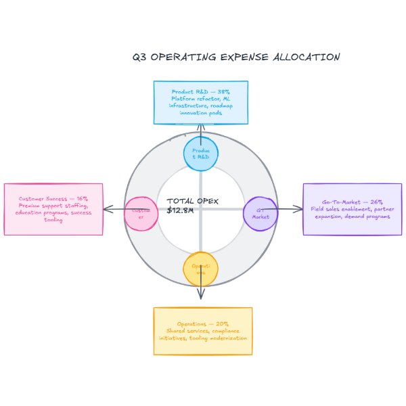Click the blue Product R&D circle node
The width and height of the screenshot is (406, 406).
coord(201,154)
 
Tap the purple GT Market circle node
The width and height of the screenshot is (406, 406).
coord(261,214)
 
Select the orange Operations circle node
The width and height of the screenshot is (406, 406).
coord(200,269)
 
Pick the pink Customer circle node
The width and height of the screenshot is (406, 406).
coord(141,214)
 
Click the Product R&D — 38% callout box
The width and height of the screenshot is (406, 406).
coord(200,102)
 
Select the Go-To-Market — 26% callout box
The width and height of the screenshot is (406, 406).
coord(352,209)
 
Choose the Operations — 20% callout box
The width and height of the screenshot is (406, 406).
coord(203,331)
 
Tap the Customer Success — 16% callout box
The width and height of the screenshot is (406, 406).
coord(53,209)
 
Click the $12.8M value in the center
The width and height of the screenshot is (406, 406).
coord(180,210)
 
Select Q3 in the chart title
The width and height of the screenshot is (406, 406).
coord(139,58)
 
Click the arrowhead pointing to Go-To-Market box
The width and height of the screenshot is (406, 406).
coord(300,209)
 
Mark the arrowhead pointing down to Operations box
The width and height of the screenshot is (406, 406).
coord(201,296)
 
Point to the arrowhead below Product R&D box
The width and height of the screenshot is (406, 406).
coord(201,127)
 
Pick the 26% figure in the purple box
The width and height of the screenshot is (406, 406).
coord(377,202)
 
